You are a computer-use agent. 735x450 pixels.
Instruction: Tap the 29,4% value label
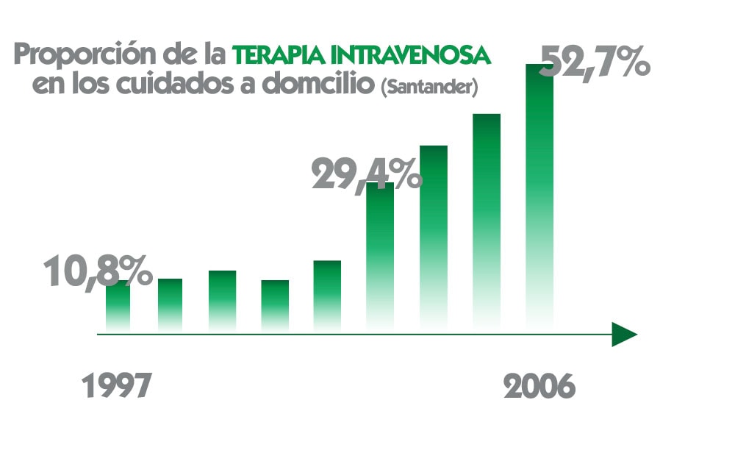coord(366,175)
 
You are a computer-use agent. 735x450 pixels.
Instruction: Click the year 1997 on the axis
coord(116,386)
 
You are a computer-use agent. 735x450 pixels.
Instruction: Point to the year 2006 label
coord(538,386)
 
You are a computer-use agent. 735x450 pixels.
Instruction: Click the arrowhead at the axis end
coord(624,335)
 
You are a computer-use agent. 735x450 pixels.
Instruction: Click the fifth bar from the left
coord(327,294)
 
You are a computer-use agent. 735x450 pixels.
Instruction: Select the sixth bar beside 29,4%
coord(380,257)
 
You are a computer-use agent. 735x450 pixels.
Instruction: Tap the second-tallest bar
coord(487,221)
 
